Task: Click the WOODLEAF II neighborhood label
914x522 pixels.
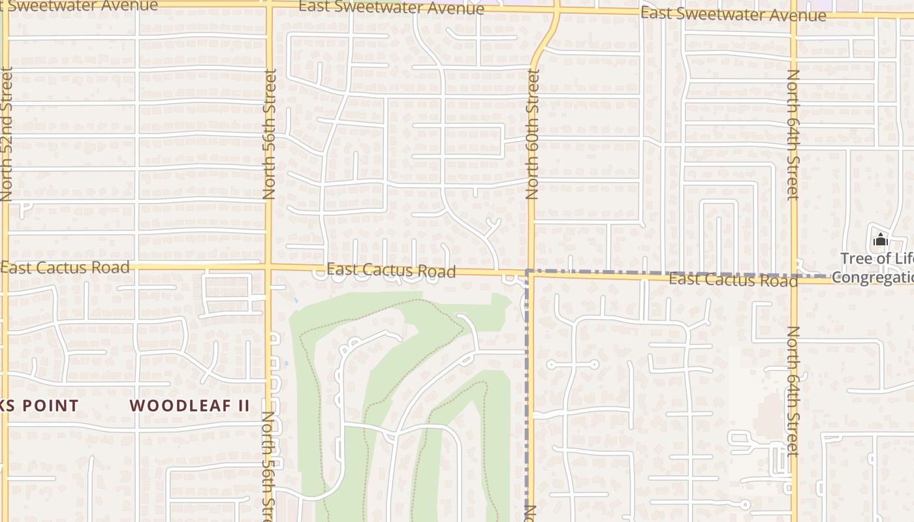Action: tap(189, 405)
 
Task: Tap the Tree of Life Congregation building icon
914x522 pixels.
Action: tap(880, 240)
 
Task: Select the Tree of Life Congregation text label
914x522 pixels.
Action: tap(876, 268)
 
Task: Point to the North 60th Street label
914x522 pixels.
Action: tap(533, 134)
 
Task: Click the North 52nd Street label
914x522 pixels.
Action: tap(7, 133)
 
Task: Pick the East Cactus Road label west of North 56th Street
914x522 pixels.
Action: tap(65, 267)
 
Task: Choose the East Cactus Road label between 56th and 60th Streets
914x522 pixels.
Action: tap(391, 270)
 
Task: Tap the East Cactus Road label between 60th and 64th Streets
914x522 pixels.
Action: tap(733, 279)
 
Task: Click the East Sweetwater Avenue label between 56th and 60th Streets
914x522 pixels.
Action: tap(392, 8)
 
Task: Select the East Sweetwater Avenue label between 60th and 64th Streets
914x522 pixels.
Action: tap(733, 14)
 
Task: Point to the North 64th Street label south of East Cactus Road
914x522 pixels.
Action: tap(793, 391)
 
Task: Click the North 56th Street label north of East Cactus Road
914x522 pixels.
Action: tap(269, 134)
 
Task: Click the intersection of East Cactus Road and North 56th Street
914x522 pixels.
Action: tap(268, 266)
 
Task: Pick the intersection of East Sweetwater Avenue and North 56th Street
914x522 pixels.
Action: tap(268, 4)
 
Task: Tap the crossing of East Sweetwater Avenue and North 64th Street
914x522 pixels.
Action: tap(795, 14)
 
